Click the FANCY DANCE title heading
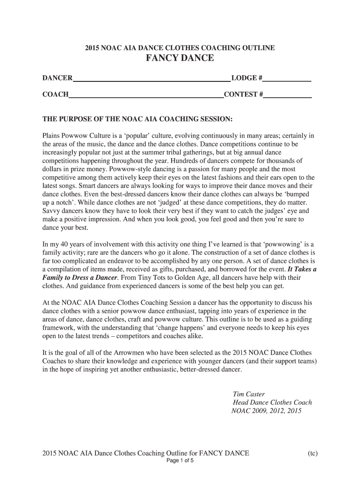180,58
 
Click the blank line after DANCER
151,80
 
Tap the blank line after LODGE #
288,80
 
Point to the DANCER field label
58,78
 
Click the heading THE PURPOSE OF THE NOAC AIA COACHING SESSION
137,119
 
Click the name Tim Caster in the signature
248,394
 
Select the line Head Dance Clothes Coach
272,403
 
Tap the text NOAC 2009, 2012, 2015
266,411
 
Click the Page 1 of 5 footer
180,460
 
